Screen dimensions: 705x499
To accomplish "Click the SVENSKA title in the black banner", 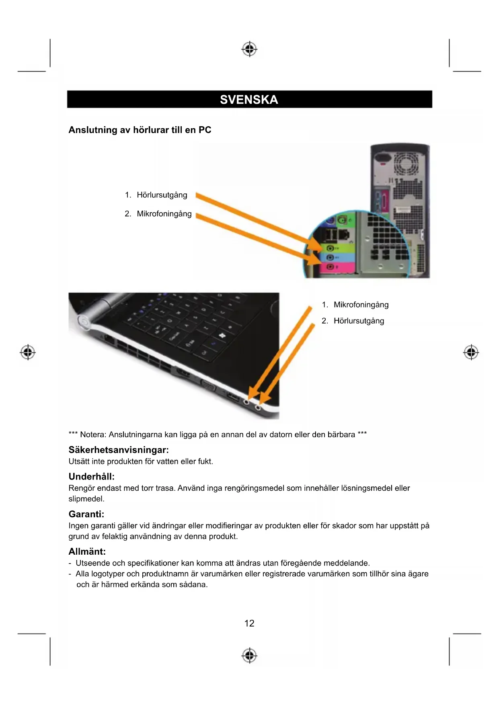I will (x=249, y=100).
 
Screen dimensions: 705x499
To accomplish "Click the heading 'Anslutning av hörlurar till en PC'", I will (x=140, y=130).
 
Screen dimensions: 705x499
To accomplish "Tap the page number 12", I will (x=249, y=623).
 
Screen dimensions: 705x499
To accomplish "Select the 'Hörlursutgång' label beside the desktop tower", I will (x=162, y=195).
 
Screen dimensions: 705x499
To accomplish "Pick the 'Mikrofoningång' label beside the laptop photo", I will (x=361, y=305).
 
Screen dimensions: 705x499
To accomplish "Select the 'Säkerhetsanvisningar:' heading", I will (x=119, y=450).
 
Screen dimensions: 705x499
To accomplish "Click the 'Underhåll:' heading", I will (x=92, y=477).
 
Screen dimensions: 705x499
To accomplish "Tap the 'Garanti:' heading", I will (x=86, y=514).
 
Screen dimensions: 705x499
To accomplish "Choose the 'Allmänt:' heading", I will (x=87, y=551).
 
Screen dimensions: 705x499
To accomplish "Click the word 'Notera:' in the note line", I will (x=93, y=434).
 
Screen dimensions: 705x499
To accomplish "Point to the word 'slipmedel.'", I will (x=86, y=499).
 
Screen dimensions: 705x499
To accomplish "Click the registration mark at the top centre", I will (x=249, y=49).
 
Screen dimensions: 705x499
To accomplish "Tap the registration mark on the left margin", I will (x=28, y=352).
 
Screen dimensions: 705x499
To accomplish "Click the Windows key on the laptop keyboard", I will (x=222, y=336).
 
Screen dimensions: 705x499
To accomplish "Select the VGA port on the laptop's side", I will (x=208, y=386).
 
